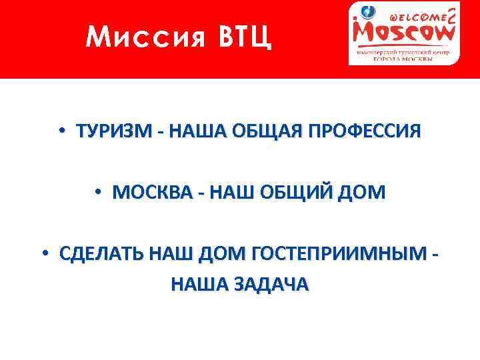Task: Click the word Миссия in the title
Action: pyautogui.click(x=136, y=38)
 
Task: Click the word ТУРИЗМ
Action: pyautogui.click(x=115, y=131)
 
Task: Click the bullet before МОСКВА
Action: pyautogui.click(x=97, y=193)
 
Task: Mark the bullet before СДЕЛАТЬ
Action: pyautogui.click(x=44, y=254)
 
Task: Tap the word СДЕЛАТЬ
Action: pyautogui.click(x=101, y=254)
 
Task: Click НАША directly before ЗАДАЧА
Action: pyautogui.click(x=198, y=285)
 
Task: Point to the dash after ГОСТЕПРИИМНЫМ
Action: pyautogui.click(x=435, y=255)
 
